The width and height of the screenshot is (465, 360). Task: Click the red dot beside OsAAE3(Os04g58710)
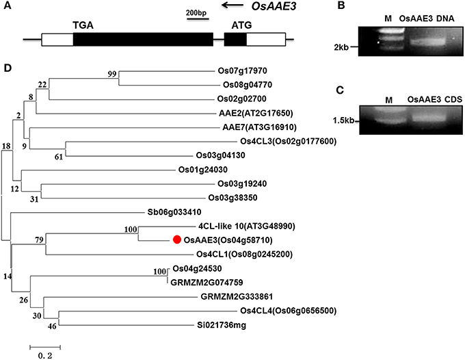[176, 240]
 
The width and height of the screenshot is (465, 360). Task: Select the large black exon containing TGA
[141, 39]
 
